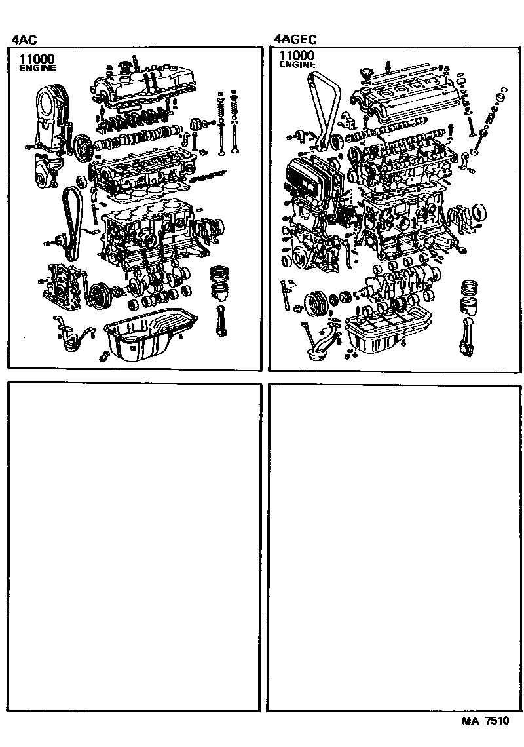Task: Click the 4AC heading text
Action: [x=24, y=39]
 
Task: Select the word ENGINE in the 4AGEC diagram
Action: [x=297, y=65]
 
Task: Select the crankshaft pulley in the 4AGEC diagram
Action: [x=316, y=303]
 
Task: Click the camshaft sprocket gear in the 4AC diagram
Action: [x=82, y=147]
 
